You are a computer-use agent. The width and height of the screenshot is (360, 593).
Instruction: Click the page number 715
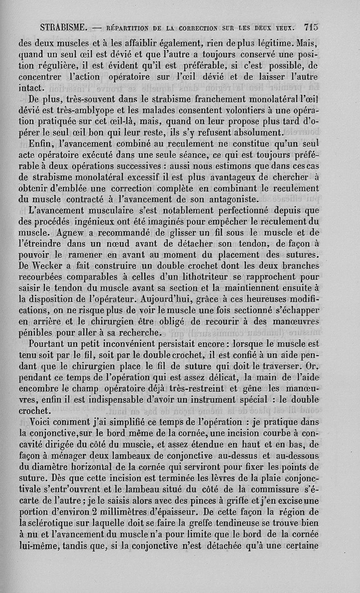coord(310,27)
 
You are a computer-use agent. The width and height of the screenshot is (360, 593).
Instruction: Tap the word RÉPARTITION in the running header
coord(130,27)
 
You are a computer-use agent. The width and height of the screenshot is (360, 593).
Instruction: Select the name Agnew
coord(72,232)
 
